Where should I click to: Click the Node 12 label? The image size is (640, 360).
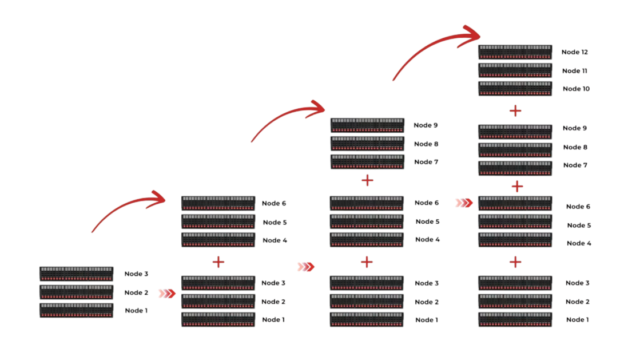click(x=575, y=52)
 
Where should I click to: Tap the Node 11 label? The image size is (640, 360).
click(x=575, y=71)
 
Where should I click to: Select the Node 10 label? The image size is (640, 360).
click(x=576, y=89)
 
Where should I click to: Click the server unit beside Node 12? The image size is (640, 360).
click(x=515, y=52)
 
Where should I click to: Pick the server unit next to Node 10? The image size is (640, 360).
click(x=515, y=89)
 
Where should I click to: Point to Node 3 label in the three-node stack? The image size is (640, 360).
click(x=136, y=274)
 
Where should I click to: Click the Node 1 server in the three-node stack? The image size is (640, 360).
click(x=76, y=310)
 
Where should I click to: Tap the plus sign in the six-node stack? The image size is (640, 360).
click(x=218, y=262)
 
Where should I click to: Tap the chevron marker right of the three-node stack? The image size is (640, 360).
click(x=166, y=293)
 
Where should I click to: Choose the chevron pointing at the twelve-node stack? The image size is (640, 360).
click(x=464, y=203)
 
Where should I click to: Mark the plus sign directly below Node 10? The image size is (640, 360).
click(x=515, y=110)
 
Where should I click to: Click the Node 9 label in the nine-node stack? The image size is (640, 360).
click(x=426, y=125)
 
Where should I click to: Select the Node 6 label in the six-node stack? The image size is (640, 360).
click(x=273, y=203)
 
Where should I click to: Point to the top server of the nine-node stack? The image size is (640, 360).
click(x=367, y=125)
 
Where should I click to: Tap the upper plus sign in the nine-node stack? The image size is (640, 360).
click(x=367, y=181)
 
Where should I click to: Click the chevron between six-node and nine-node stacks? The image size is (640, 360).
click(x=306, y=266)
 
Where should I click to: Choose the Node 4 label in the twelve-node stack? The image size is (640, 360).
click(x=579, y=243)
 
